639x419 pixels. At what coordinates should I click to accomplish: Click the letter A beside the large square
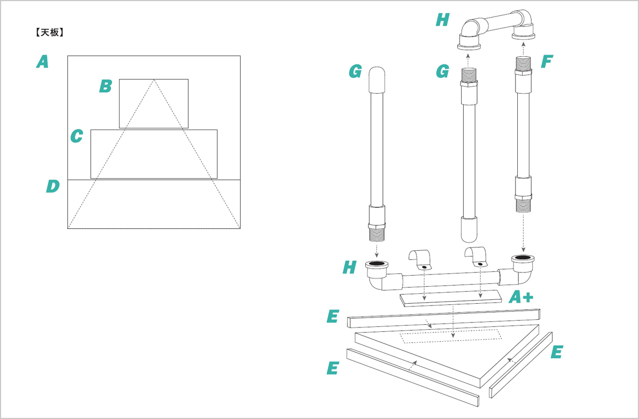coord(42,62)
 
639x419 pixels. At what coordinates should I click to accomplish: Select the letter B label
coord(105,86)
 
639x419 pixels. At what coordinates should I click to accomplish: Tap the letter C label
coord(77,136)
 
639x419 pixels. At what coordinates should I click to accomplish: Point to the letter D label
coord(52,186)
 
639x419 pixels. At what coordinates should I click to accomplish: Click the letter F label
coord(546,62)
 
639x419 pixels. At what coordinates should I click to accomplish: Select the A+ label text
coord(521,298)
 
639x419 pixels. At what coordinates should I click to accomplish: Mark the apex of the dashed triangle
coord(154,79)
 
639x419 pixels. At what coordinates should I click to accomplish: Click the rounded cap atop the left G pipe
coord(376,79)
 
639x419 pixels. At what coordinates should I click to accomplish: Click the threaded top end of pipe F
coord(523,65)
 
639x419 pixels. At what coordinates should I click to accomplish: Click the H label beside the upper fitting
coord(442,21)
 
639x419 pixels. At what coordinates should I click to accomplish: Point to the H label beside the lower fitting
coord(349,268)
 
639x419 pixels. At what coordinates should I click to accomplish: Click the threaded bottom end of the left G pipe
coord(377,234)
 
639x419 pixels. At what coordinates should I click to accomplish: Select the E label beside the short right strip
coord(557,352)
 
